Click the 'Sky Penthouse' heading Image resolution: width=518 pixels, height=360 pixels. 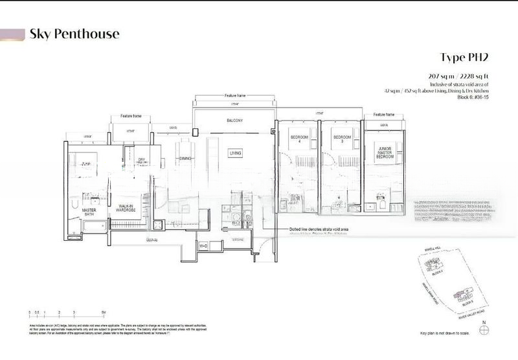[74, 34]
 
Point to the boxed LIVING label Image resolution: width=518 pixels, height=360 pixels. [235, 153]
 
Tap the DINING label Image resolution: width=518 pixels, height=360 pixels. [186, 158]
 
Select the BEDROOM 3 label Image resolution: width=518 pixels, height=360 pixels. [341, 140]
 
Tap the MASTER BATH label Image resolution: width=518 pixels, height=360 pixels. [89, 212]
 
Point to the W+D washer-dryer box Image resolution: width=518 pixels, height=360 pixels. [202, 245]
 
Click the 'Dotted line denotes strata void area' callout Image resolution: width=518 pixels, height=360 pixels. [322, 229]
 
